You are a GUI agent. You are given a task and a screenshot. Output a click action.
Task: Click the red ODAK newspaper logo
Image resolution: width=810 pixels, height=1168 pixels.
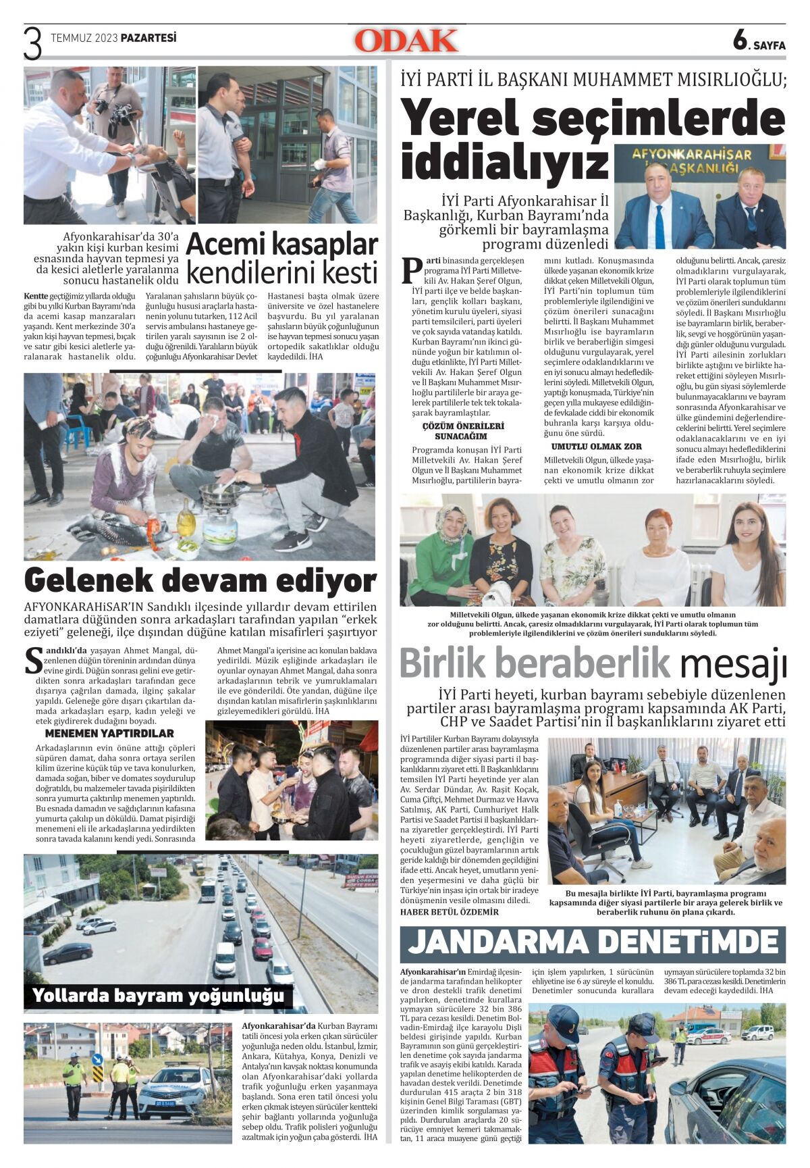(x=406, y=41)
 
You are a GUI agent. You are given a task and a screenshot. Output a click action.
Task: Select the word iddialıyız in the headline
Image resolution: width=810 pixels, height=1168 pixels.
(x=504, y=163)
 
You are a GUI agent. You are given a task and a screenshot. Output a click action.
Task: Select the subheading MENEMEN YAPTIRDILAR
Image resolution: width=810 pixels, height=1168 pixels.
(x=109, y=733)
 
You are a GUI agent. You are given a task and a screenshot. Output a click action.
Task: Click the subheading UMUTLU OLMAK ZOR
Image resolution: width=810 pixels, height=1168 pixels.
(x=596, y=447)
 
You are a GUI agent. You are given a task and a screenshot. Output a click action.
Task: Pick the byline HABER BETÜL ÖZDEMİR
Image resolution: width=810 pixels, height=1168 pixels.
(x=450, y=911)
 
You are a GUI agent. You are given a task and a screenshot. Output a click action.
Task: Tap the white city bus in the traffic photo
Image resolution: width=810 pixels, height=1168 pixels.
(x=208, y=890)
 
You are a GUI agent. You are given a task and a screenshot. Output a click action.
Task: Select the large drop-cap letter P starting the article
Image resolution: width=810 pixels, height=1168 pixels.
(x=411, y=271)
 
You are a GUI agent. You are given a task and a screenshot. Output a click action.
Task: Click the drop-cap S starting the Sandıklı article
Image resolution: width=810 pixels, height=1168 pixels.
(x=32, y=661)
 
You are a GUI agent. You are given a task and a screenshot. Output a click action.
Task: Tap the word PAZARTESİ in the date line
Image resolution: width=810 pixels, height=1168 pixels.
(x=148, y=39)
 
